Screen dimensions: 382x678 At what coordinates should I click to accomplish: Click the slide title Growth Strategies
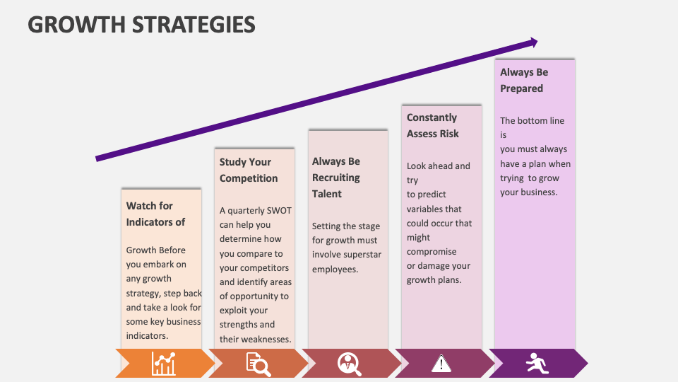[141, 25]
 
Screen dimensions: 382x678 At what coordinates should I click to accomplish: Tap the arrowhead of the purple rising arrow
[531, 42]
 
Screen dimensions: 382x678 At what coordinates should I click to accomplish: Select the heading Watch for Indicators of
[155, 214]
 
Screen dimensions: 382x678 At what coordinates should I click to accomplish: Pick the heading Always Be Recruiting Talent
[336, 178]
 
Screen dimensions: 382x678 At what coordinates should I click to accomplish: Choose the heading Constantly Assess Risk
[432, 125]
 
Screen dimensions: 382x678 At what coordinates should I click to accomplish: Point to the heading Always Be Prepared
[523, 80]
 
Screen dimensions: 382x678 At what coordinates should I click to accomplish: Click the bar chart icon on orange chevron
[164, 364]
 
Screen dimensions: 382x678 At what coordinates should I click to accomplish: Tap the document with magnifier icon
[258, 364]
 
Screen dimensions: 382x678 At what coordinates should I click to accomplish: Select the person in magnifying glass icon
[349, 364]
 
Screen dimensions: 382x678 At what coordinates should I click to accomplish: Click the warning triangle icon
[441, 364]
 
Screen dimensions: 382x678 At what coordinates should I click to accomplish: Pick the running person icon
[537, 364]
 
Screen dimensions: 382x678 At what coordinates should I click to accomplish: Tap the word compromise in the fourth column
[432, 252]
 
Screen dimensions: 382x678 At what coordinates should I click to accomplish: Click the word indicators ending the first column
[146, 335]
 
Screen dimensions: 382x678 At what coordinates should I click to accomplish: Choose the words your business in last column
[528, 192]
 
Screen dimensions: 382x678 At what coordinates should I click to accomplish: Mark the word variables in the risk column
[425, 209]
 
